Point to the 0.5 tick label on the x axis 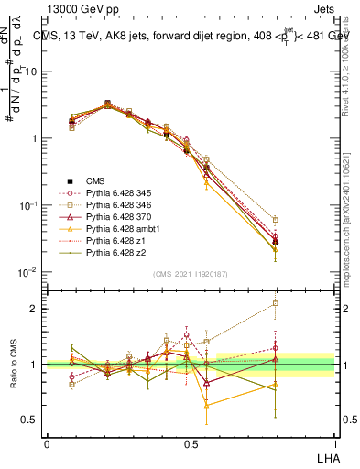tap(190, 442)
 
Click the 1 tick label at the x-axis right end tap(333, 442)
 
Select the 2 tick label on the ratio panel tap(35, 309)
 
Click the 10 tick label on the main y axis tap(31, 71)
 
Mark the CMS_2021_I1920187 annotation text tap(191, 273)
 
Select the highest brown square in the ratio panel tap(276, 303)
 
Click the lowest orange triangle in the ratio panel tap(207, 404)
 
